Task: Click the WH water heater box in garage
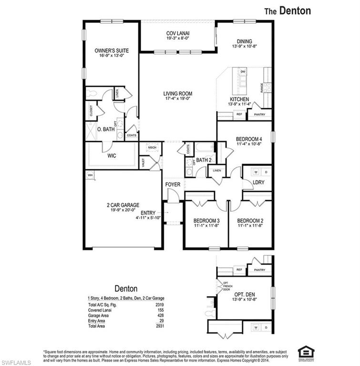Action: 90,175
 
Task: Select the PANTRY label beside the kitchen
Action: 259,114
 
